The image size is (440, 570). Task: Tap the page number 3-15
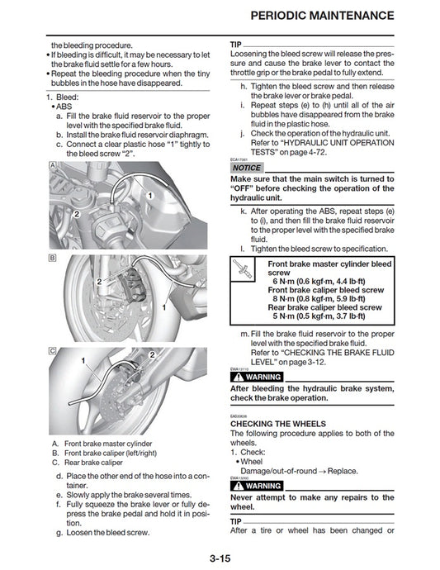point(220,558)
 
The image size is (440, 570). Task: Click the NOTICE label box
point(246,168)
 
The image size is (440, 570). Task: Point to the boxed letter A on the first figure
point(53,165)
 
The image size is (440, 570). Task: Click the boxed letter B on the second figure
point(53,259)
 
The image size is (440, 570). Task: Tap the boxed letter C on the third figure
point(53,351)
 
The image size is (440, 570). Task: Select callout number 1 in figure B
point(164,307)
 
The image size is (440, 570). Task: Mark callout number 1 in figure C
point(83,362)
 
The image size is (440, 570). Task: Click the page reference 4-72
point(320,151)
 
